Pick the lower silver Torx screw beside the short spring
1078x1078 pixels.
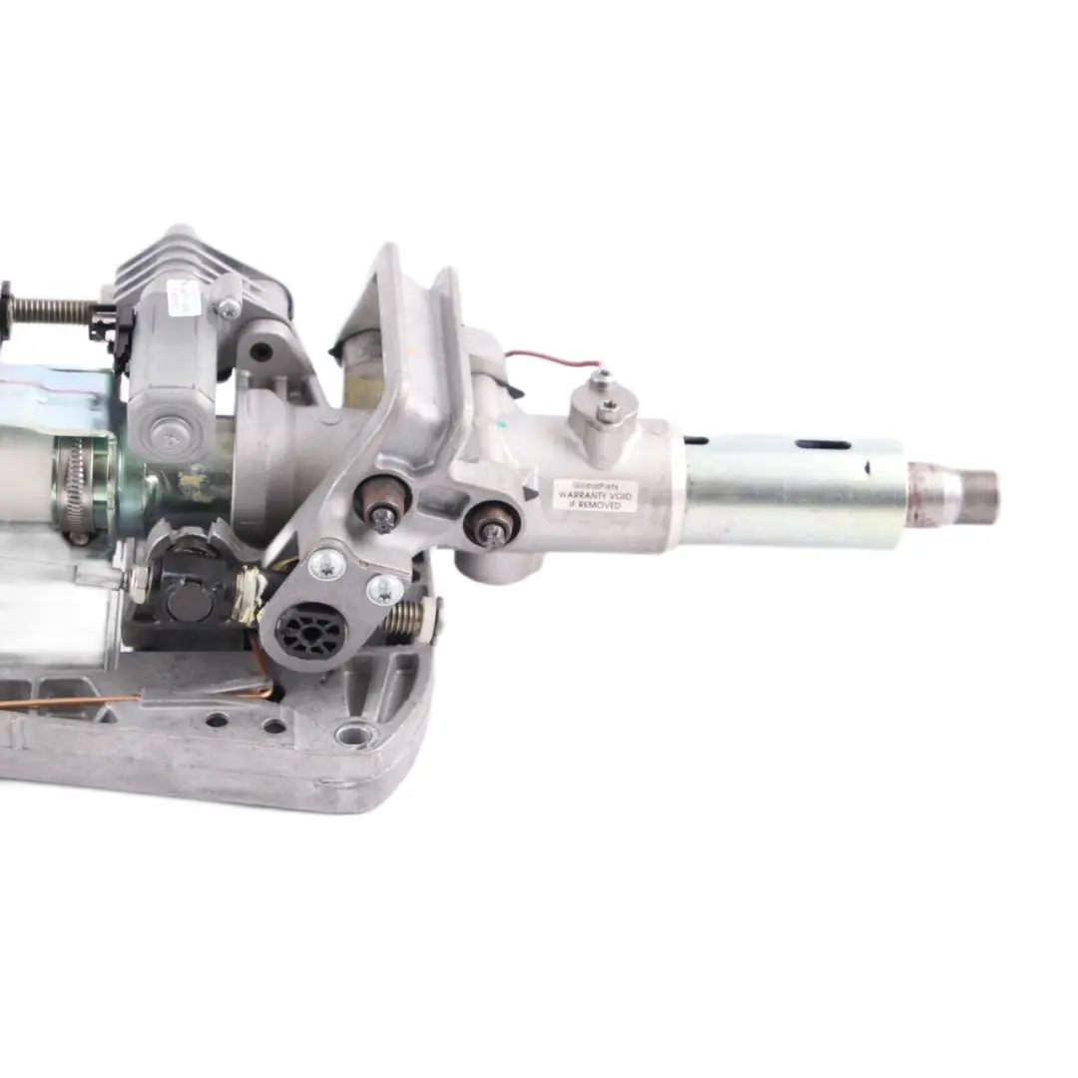pos(384,588)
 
